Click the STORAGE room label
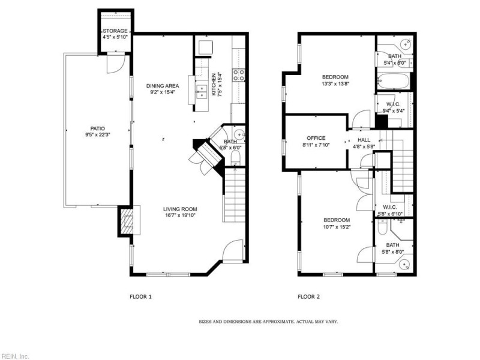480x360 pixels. pyautogui.click(x=115, y=31)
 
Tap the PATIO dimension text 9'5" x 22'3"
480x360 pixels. pyautogui.click(x=97, y=134)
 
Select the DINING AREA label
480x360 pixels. pyautogui.click(x=163, y=86)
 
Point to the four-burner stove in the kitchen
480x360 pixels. pyautogui.click(x=239, y=76)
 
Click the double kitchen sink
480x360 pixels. pyautogui.click(x=202, y=92)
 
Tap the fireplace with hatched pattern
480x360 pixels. pyautogui.click(x=126, y=221)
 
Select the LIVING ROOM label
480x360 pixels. pyautogui.click(x=180, y=209)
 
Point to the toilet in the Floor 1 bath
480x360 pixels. pyautogui.click(x=236, y=158)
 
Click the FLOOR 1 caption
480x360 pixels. pyautogui.click(x=140, y=296)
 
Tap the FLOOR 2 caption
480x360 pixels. pyautogui.click(x=308, y=296)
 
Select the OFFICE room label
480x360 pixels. pyautogui.click(x=316, y=138)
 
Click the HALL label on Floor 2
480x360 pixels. pyautogui.click(x=364, y=140)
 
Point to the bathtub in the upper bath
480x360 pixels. pyautogui.click(x=393, y=81)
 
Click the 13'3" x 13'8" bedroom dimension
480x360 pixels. pyautogui.click(x=335, y=83)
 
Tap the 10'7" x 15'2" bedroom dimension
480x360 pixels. pyautogui.click(x=337, y=227)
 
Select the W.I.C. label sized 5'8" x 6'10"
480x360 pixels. pyautogui.click(x=389, y=207)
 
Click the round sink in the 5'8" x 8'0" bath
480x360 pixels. pyautogui.click(x=406, y=264)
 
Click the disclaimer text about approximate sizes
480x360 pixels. pyautogui.click(x=268, y=322)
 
